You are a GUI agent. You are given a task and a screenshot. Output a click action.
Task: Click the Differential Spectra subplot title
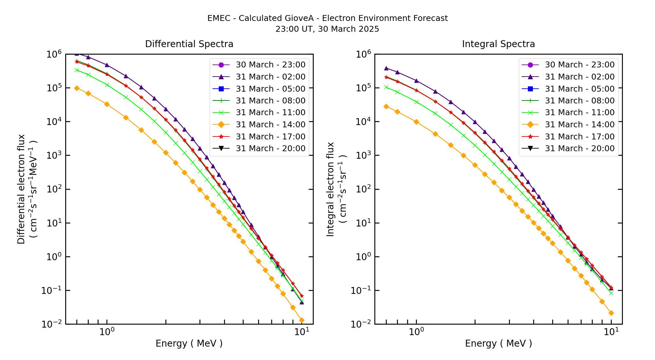point(189,44)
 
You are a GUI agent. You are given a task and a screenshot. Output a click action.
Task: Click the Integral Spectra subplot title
point(498,44)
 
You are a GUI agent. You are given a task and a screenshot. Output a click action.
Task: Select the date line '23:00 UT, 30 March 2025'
point(327,29)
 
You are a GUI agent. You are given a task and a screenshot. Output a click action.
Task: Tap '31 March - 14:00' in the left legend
point(270,125)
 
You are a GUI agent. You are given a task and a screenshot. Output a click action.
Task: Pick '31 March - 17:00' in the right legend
point(579,137)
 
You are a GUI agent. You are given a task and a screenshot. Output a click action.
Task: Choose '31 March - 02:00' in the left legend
point(270,77)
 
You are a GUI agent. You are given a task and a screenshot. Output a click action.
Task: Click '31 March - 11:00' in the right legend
point(579,113)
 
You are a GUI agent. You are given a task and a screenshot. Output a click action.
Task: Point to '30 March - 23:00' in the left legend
point(270,65)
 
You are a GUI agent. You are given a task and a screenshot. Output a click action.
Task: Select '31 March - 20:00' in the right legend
point(579,149)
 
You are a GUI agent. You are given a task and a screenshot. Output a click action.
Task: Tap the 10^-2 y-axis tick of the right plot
point(362,324)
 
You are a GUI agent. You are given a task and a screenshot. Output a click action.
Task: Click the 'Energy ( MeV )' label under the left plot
point(189,344)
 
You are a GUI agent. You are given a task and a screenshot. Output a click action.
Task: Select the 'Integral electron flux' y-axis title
point(330,189)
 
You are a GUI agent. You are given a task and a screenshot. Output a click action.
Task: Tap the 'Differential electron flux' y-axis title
point(21,189)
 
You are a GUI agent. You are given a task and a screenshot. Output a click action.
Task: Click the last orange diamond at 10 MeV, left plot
point(302,320)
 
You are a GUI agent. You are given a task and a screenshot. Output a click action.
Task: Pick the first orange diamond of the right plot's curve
point(386,106)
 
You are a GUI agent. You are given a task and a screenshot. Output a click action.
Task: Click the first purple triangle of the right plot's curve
point(386,68)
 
